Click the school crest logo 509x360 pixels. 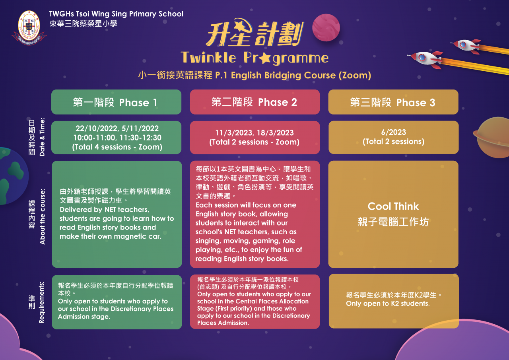pos(29,28)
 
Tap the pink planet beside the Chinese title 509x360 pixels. pos(326,27)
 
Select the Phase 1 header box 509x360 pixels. pos(117,102)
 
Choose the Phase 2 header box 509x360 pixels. pos(255,102)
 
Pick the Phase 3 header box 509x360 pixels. pos(393,102)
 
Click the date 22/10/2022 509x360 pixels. pos(97,128)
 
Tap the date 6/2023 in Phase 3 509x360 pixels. pos(394,132)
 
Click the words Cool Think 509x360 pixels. pos(393,206)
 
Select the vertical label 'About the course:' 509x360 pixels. pos(42,216)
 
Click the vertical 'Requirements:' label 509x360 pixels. pos(41,302)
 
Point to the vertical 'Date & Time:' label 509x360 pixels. pos(42,137)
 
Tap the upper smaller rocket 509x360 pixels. pos(466,46)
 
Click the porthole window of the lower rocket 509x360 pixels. pos(422,58)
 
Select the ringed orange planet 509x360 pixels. pos(492,137)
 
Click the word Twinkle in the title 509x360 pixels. pos(208,58)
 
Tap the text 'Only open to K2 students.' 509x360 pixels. pos(388,304)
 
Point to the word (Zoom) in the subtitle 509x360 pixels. pos(355,75)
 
